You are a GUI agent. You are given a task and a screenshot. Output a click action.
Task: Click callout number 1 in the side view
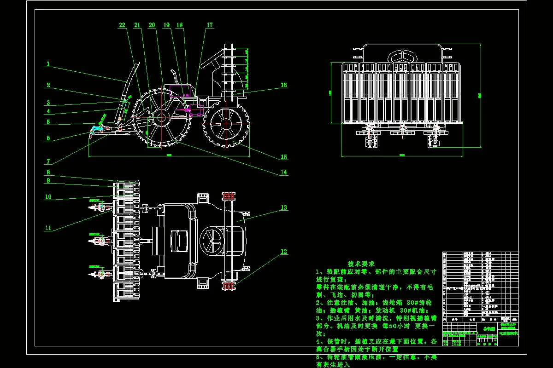[x=48, y=64]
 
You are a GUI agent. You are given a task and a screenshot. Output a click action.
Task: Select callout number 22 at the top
[x=122, y=25]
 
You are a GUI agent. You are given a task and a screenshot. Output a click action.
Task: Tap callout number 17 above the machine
[x=210, y=25]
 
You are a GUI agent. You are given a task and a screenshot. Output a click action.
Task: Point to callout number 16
[x=284, y=85]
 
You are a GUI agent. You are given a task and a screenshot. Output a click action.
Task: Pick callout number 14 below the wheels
[x=284, y=172]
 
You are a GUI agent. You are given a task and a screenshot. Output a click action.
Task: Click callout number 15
[x=284, y=157]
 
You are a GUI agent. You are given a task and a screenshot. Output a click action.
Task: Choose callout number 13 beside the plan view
[x=284, y=207]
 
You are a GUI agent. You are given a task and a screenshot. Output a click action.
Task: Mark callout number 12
[x=284, y=252]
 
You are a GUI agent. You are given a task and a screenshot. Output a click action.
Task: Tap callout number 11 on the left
[x=48, y=228]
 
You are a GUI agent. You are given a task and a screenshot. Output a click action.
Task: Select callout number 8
[x=48, y=172]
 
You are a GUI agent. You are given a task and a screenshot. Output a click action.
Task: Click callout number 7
[x=48, y=161]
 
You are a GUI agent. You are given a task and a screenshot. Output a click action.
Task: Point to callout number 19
[x=166, y=25]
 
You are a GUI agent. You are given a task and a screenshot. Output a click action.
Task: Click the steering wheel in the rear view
[x=403, y=57]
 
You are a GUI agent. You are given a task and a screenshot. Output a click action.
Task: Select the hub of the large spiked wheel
[x=161, y=117]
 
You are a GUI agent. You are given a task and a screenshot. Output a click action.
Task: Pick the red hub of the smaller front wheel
[x=226, y=124]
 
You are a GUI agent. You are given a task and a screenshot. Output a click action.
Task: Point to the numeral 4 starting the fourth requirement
[x=318, y=342]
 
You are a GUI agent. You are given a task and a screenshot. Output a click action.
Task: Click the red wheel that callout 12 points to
[x=227, y=286]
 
